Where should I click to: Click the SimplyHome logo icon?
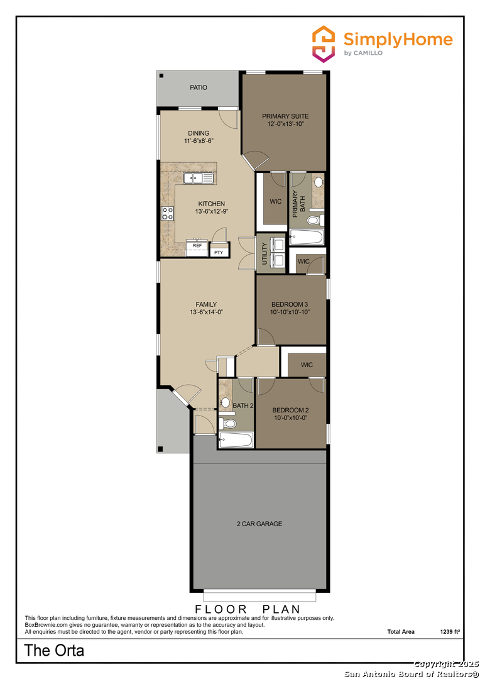pos(324,44)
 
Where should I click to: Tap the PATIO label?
pos(199,88)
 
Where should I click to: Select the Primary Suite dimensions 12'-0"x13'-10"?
pos(285,124)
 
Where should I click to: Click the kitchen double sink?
pos(198,179)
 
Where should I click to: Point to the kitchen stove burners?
pos(168,213)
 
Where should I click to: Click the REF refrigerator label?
pos(197,246)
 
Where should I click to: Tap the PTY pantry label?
pos(219,252)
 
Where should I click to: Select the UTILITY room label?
pos(265,253)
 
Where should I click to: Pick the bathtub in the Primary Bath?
pos(307,238)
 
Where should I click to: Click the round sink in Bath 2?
pos(225,402)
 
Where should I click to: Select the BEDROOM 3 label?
pos(290,304)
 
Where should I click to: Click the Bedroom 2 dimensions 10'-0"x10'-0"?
pos(290,418)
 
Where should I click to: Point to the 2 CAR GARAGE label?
pos(259,524)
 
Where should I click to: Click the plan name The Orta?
pos(54,651)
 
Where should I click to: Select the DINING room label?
pos(199,133)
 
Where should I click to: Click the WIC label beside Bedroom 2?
pos(307,365)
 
